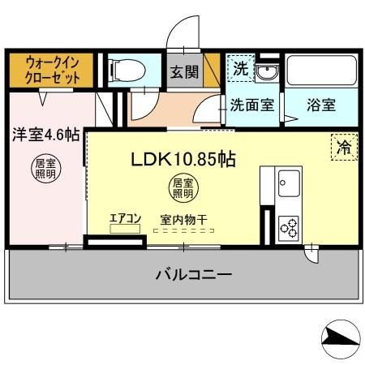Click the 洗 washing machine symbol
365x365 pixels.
pos(240,69)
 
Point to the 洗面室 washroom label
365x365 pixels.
pos(252,105)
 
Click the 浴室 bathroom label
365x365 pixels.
pos(322,105)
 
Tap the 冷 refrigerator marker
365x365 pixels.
pos(343,148)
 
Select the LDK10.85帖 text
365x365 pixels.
pos(183,159)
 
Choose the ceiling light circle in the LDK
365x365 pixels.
pos(182,189)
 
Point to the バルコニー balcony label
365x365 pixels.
pos(194,274)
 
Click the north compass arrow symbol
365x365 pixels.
pos(341,341)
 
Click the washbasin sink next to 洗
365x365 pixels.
pos(267,73)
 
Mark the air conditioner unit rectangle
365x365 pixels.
pos(126,230)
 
